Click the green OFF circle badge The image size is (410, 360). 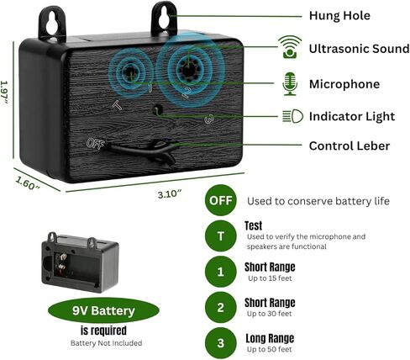point(221,200)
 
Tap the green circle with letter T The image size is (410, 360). point(221,236)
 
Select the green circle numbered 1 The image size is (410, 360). point(221,272)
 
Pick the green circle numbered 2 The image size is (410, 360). point(221,307)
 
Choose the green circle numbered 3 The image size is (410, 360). point(221,343)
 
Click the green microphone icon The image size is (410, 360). point(290,84)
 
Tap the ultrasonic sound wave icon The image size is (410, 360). point(290,47)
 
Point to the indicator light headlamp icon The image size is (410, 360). point(292,116)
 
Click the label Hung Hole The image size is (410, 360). point(339,15)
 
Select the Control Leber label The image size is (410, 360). point(350,146)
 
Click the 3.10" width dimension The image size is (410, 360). point(170,193)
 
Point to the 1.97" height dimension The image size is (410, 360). point(4,93)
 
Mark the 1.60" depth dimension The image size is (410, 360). point(27,183)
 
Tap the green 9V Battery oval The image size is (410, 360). point(103,310)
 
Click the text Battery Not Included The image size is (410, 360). point(106,343)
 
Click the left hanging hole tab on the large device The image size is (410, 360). point(52,24)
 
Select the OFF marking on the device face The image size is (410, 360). point(95,144)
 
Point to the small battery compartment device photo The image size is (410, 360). point(80,262)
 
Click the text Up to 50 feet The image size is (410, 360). point(269,349)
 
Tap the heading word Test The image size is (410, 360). point(253,225)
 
